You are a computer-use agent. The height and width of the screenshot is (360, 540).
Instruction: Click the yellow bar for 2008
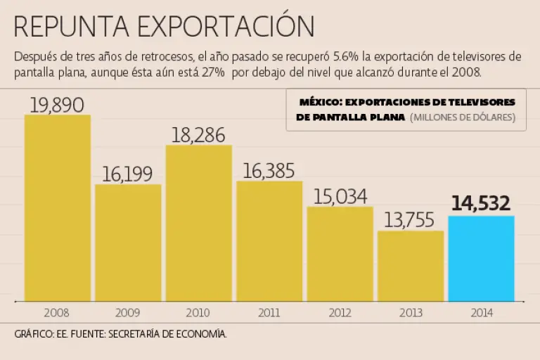tap(58, 207)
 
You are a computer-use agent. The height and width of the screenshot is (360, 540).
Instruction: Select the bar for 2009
tap(128, 243)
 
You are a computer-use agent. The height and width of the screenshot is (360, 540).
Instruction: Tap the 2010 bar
tap(199, 223)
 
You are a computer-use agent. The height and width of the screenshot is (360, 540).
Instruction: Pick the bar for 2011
tap(269, 240)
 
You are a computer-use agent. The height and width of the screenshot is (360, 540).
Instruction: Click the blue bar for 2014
tap(481, 258)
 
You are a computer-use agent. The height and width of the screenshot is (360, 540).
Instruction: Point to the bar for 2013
tap(411, 265)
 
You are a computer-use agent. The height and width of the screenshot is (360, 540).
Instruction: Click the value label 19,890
tap(57, 105)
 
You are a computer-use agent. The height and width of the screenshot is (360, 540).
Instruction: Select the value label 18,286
tap(198, 135)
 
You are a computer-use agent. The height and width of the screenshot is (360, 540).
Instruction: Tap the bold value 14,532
tap(481, 204)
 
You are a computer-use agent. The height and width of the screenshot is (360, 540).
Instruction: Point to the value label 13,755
tap(411, 220)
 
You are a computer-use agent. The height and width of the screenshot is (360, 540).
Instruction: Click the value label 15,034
tap(340, 196)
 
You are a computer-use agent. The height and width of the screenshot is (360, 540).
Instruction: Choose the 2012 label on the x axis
tap(340, 311)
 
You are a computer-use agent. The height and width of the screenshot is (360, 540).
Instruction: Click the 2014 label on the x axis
tap(481, 311)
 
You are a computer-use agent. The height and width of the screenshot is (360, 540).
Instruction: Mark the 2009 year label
tap(128, 311)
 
